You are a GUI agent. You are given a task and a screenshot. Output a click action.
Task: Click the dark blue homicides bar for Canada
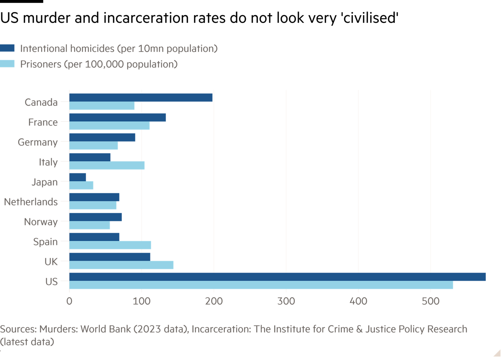point(141,98)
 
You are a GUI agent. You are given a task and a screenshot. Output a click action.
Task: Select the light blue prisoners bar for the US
point(261,285)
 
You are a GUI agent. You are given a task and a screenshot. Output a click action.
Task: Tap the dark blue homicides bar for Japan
point(78,177)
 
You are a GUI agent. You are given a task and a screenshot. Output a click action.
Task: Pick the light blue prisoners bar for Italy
point(107,166)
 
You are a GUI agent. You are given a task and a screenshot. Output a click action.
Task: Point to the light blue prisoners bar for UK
point(121,265)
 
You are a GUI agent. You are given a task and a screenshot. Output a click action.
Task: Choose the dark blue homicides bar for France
point(117,117)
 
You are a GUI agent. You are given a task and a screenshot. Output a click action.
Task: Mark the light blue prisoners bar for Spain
point(110,245)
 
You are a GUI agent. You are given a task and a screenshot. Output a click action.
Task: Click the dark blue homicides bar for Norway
point(95,217)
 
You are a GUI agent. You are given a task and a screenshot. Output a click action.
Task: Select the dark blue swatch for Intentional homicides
point(7,48)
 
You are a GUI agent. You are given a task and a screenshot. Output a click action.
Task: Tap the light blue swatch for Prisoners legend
point(7,64)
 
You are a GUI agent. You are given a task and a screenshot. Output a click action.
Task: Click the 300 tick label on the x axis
point(286,301)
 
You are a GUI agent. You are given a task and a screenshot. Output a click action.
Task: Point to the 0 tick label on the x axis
point(69,301)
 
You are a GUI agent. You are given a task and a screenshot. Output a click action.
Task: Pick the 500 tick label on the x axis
point(431,301)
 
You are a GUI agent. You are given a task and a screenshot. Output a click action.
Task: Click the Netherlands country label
point(31,202)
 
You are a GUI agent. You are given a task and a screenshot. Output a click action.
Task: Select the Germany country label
point(37,142)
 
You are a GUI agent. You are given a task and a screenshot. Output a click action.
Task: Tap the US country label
point(51,282)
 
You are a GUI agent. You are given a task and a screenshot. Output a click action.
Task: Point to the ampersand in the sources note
point(359,329)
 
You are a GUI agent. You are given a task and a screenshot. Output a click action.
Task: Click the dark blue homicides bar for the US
point(277,277)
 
